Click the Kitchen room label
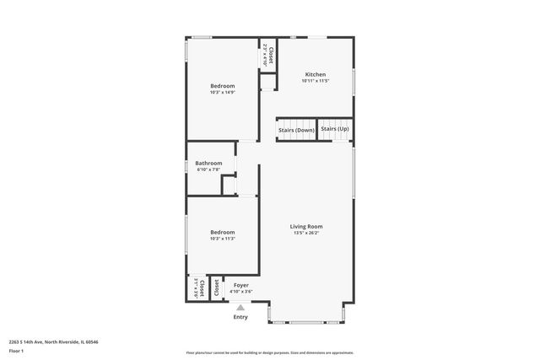(315, 74)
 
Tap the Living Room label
(306, 226)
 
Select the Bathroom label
(208, 163)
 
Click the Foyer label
(241, 285)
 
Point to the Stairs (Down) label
(296, 130)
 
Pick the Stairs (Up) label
(335, 129)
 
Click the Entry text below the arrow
(240, 317)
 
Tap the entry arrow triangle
(240, 307)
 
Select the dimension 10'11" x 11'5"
(315, 81)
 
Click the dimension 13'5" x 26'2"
(306, 233)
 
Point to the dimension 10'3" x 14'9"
(222, 92)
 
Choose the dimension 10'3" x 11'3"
(222, 239)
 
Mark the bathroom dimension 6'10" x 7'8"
(208, 169)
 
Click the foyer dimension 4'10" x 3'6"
(241, 292)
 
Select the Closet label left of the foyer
(216, 287)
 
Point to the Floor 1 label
(16, 350)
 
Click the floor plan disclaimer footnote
(270, 352)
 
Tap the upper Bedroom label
(222, 85)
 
